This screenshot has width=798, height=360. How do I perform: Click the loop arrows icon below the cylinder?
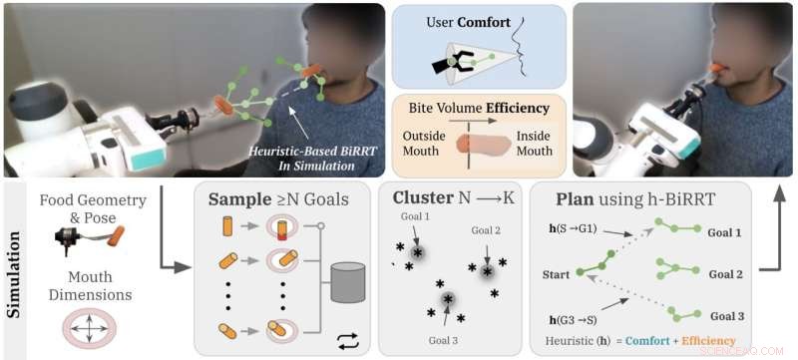[x=347, y=339]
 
